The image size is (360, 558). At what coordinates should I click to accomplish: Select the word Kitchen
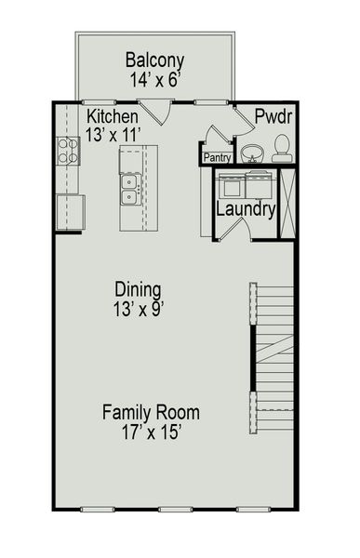click(113, 116)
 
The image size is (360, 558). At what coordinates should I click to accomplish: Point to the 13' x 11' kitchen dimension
click(113, 134)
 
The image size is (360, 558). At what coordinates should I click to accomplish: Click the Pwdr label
click(275, 116)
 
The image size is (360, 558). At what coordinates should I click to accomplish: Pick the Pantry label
click(217, 158)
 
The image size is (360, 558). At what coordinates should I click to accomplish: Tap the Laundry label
click(246, 209)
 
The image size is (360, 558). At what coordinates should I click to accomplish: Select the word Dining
click(138, 288)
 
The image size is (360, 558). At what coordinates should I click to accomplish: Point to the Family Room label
click(151, 412)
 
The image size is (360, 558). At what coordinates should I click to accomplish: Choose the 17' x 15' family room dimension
click(151, 432)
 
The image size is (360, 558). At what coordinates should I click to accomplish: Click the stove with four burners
click(68, 151)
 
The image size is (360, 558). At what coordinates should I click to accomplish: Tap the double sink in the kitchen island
click(131, 190)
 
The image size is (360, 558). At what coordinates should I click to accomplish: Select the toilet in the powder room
click(281, 147)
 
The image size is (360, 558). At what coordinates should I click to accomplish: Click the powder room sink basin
click(251, 152)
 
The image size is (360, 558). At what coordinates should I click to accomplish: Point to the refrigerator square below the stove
click(70, 211)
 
